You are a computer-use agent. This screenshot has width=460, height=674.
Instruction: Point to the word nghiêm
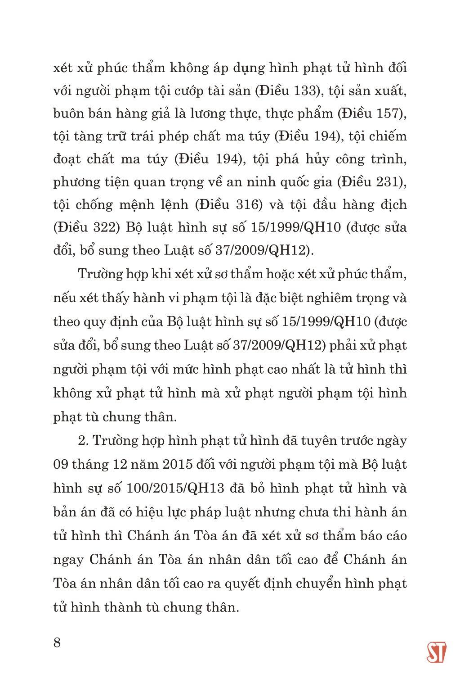coord(317,298)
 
